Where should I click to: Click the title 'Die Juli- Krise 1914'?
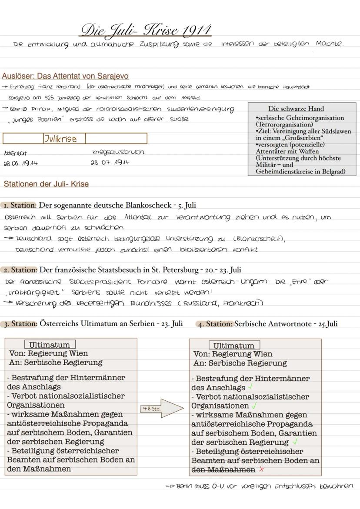click(146, 30)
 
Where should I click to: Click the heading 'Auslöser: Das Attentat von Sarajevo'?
click(65, 76)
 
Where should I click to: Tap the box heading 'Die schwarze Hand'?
click(302, 109)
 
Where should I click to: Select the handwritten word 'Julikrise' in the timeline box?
click(60, 139)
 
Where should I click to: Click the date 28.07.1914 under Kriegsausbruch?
click(110, 162)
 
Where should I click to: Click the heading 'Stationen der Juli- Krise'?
click(46, 184)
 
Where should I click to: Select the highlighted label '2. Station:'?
click(20, 270)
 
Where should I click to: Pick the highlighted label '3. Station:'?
click(20, 324)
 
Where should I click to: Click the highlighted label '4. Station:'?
click(215, 324)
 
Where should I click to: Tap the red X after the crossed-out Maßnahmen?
click(261, 469)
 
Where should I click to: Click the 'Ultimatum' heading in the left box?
click(50, 345)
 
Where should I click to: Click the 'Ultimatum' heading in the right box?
click(234, 346)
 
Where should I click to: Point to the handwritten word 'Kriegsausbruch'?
click(118, 152)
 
